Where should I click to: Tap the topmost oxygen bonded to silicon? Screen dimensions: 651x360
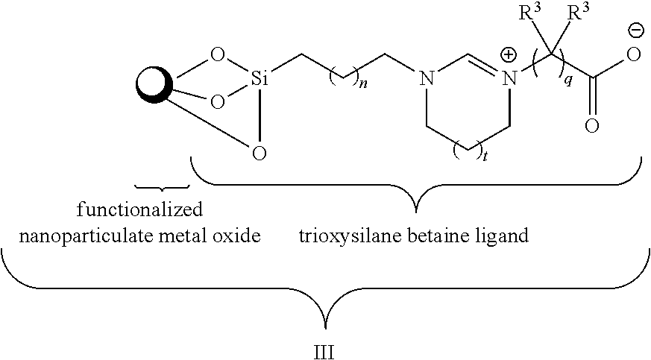point(217,54)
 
